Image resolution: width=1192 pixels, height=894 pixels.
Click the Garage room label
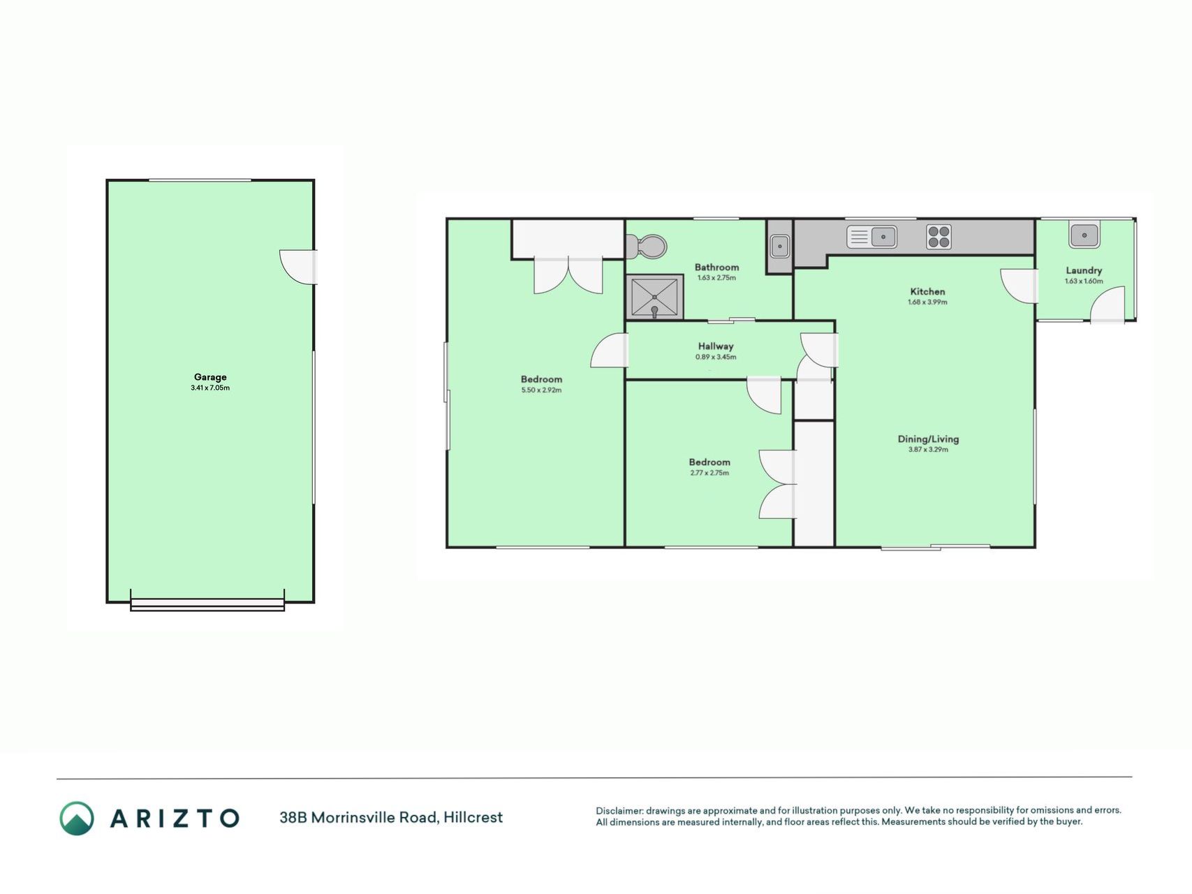[x=210, y=377]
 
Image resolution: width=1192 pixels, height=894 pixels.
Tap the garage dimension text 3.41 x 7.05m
[x=210, y=388]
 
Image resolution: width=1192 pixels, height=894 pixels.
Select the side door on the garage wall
[x=299, y=267]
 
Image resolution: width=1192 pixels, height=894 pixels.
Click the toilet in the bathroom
[x=647, y=246]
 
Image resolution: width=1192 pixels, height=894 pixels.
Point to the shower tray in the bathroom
[x=654, y=297]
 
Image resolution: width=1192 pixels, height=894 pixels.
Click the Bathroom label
[x=716, y=267]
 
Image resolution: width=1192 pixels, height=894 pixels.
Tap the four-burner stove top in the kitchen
[x=939, y=237]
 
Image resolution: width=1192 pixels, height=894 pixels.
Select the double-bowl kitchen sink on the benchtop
[x=871, y=237]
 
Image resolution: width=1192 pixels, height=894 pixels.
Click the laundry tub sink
[x=1084, y=235]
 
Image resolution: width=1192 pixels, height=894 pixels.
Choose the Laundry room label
[x=1084, y=270]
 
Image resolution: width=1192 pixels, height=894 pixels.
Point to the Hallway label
[x=716, y=346]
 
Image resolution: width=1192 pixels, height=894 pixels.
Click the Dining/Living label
[x=928, y=439]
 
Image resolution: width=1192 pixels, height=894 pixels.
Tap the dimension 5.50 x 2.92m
[x=541, y=390]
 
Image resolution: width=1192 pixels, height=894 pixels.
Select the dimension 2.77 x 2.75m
[x=709, y=473]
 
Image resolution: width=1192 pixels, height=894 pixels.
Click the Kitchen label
[x=927, y=291]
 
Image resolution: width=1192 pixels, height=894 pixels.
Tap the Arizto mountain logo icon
[x=76, y=818]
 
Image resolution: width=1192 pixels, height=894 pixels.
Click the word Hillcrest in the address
[x=473, y=817]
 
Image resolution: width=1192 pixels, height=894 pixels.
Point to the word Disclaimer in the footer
[x=619, y=811]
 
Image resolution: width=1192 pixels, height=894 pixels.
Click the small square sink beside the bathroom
[x=779, y=246]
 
